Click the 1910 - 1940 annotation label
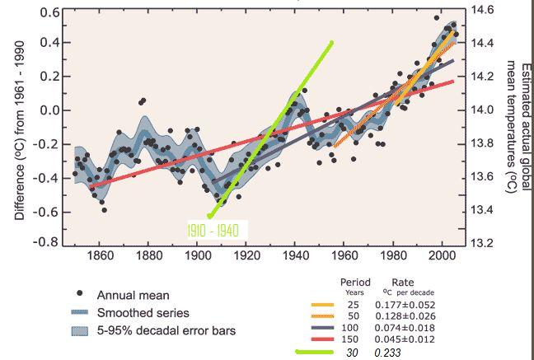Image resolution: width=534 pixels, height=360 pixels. pyautogui.click(x=213, y=231)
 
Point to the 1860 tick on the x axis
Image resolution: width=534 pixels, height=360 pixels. pyautogui.click(x=100, y=255)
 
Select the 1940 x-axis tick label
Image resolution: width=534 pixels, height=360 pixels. pyautogui.click(x=296, y=255)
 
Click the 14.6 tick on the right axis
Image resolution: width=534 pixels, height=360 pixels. pyautogui.click(x=481, y=11)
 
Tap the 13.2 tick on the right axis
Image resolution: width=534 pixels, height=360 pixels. pyautogui.click(x=481, y=243)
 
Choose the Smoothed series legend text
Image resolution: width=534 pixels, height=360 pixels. pyautogui.click(x=143, y=313)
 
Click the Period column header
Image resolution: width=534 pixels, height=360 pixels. pyautogui.click(x=355, y=283)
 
